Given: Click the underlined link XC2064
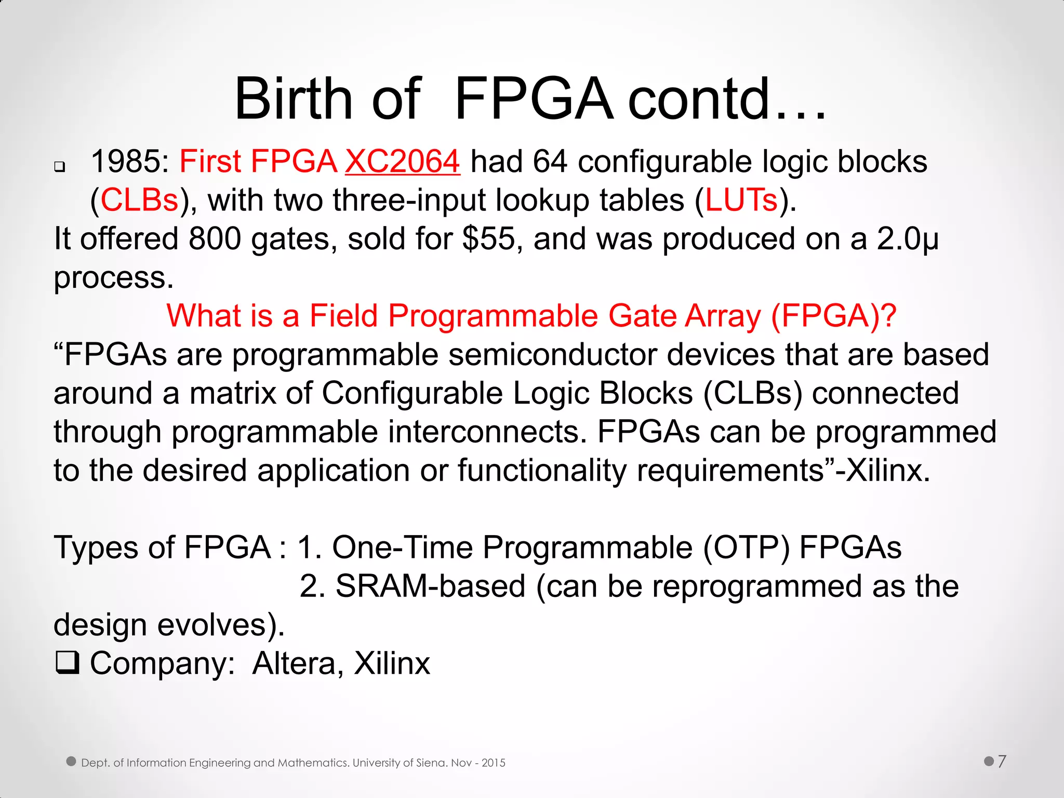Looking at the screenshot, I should click(402, 161).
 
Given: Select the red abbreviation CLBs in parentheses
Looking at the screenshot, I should click(139, 200).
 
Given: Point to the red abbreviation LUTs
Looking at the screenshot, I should click(741, 200).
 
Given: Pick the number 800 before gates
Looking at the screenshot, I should click(215, 239).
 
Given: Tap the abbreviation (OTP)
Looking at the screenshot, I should click(746, 548).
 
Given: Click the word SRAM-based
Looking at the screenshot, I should click(430, 586).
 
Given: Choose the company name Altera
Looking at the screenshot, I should click(294, 663).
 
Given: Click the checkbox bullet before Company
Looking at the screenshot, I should click(67, 663).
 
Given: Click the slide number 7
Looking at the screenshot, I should click(1002, 762).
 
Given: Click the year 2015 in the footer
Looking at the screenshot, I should click(493, 763).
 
